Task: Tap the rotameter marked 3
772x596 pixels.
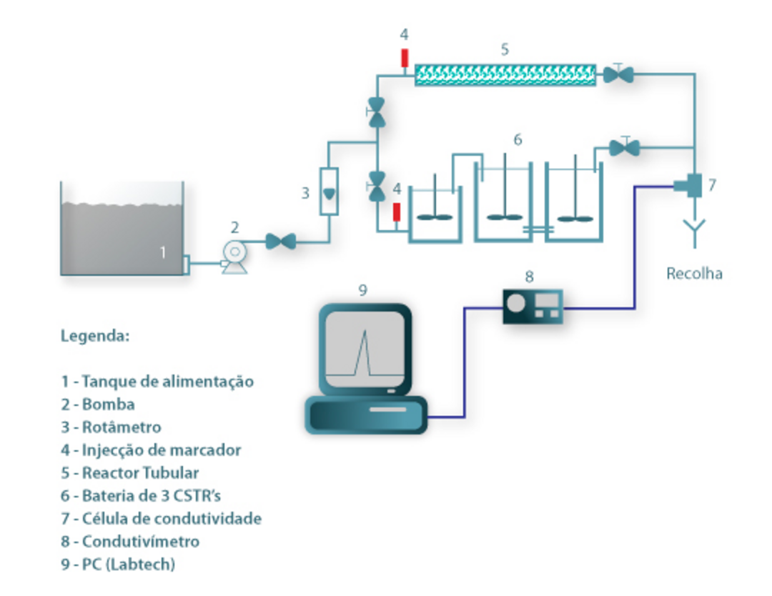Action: (x=328, y=191)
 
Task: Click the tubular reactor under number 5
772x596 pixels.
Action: (x=505, y=74)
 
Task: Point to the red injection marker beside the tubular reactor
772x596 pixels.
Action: (x=404, y=56)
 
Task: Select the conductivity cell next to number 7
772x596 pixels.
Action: (x=691, y=186)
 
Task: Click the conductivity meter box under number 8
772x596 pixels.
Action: (x=533, y=306)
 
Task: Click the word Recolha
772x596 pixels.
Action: (x=694, y=273)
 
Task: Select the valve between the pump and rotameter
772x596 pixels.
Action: (x=280, y=242)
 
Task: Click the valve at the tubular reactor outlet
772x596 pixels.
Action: (x=617, y=74)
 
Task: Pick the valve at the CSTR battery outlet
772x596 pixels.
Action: (x=625, y=148)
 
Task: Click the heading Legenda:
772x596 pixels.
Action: (x=95, y=336)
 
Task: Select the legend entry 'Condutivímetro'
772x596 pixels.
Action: (x=129, y=541)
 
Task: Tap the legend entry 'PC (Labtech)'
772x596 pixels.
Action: (x=118, y=564)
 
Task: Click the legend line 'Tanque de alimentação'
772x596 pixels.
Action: (x=157, y=381)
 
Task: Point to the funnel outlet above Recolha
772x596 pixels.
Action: (x=694, y=230)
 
